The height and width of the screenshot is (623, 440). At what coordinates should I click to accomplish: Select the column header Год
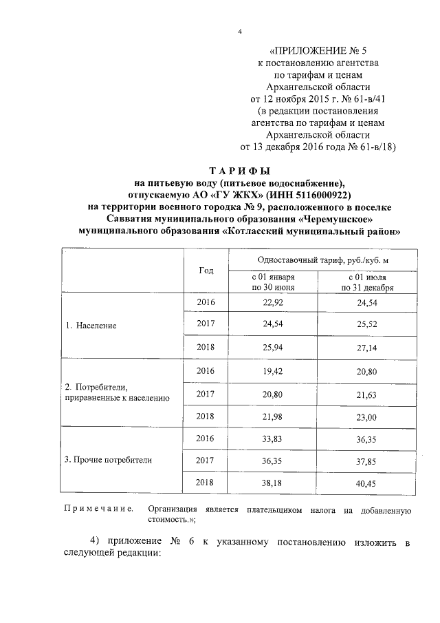click(206, 270)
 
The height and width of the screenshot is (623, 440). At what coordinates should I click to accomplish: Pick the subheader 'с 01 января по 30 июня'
click(273, 282)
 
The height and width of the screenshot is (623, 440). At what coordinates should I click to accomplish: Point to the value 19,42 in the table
click(273, 371)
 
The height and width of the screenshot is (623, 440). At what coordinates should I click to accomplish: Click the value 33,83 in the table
click(273, 439)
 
